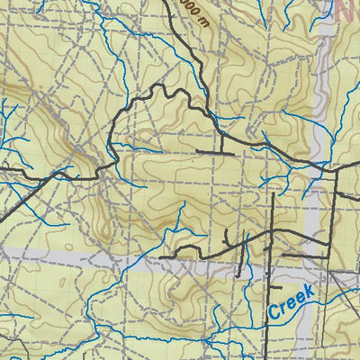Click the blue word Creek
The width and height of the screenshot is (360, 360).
point(291,301)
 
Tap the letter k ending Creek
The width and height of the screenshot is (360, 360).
point(310,290)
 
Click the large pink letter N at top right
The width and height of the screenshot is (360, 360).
point(346,11)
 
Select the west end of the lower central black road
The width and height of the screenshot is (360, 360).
point(162,257)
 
